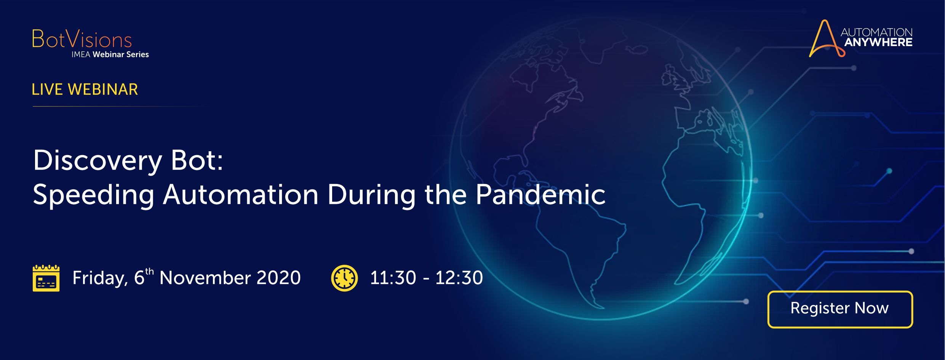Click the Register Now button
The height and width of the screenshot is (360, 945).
point(840,309)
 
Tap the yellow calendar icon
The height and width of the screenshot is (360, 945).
point(46,278)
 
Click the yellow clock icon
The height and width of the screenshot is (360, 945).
point(344,278)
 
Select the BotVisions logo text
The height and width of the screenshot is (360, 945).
point(82,39)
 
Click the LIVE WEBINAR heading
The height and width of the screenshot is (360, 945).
point(85,90)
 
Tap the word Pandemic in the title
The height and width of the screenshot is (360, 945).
point(540,195)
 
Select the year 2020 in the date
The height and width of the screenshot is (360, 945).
point(278,278)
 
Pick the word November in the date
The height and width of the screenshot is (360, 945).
point(205,278)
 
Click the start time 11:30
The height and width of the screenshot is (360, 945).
point(393,278)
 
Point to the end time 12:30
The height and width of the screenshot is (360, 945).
point(459,278)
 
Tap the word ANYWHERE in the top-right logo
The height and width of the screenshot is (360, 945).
point(878,42)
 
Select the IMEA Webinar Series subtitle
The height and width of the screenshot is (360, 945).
point(110,54)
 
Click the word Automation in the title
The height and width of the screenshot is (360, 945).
point(240,195)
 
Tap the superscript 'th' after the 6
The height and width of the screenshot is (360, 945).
point(150,271)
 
